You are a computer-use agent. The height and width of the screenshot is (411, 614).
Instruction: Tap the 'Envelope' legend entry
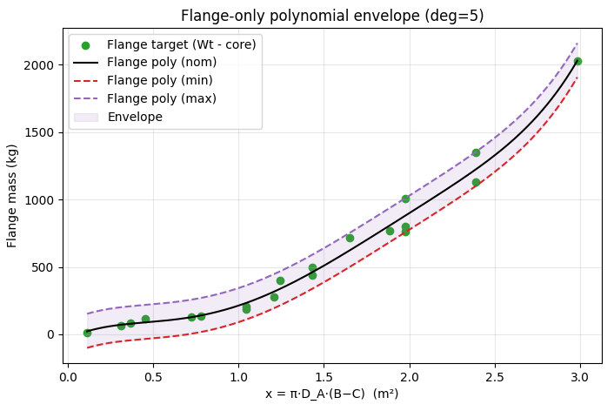tap(135, 116)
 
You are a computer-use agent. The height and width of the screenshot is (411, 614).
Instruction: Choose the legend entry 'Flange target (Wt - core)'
tap(181, 44)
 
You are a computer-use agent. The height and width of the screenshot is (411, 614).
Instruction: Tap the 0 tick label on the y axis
tap(53, 334)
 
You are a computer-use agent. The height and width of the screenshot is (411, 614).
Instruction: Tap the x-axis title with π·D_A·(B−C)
tap(331, 394)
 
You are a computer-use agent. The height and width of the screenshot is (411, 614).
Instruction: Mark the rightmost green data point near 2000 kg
tap(577, 62)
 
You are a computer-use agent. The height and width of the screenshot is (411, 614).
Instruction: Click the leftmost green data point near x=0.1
tap(87, 333)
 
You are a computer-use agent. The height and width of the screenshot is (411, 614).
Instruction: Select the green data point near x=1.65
tap(350, 238)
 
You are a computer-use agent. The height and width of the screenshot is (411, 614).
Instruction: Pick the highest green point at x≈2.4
tap(476, 152)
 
